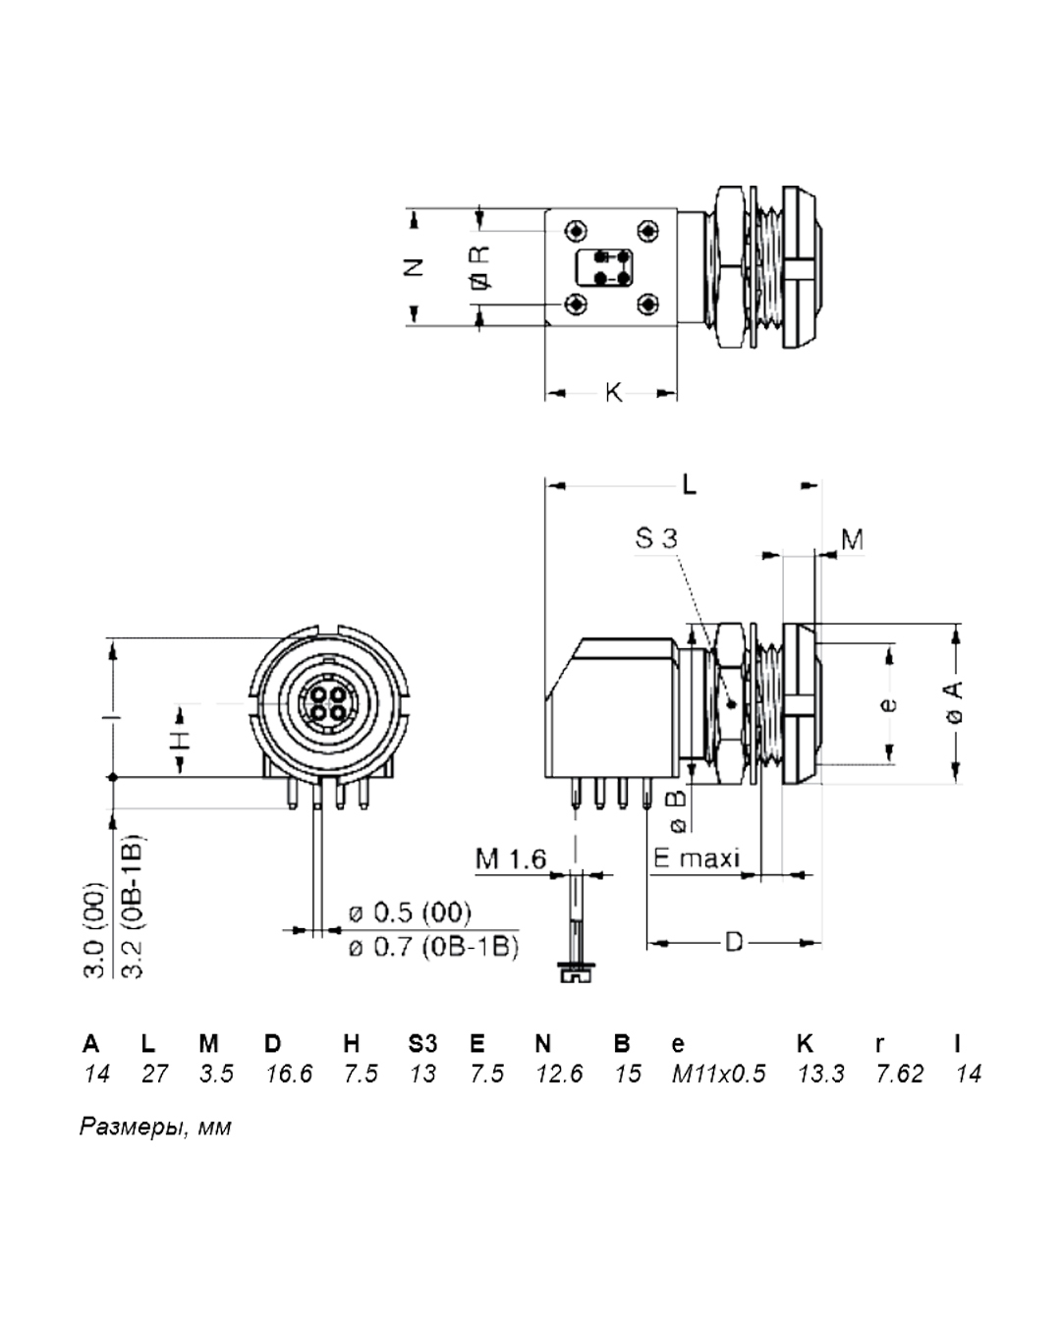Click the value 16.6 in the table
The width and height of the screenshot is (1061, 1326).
(x=289, y=1074)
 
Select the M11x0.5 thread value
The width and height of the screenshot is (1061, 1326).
(x=718, y=1074)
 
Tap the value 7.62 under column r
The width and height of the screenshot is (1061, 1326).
(x=900, y=1074)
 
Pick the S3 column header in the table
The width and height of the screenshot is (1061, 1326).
(x=422, y=1043)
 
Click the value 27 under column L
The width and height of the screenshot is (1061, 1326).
(x=154, y=1074)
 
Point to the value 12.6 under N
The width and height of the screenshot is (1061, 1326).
(x=559, y=1074)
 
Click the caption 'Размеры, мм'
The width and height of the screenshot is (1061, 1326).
(x=155, y=1127)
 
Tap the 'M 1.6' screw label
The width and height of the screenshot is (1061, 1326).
(x=511, y=858)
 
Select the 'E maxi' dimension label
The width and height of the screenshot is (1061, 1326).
(x=697, y=858)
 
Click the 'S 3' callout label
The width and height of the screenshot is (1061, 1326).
(x=656, y=537)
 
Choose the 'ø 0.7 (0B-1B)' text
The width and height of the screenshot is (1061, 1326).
(x=433, y=948)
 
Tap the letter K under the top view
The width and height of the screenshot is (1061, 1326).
(x=613, y=393)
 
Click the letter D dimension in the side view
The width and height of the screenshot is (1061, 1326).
(x=734, y=943)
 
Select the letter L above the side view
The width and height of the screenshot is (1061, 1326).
(x=690, y=484)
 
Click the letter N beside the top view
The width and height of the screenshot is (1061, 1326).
(x=415, y=266)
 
